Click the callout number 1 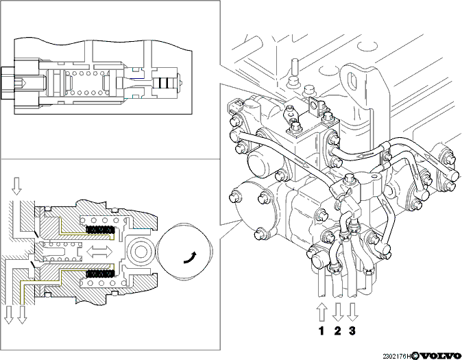[321, 331]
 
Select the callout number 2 [337, 331]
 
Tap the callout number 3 [352, 331]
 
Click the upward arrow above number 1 [321, 312]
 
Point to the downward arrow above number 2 [338, 312]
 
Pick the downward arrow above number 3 [352, 312]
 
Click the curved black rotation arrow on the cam [190, 258]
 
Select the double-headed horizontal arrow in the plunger [100, 252]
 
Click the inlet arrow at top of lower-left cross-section [16, 186]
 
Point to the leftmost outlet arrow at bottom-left [9, 315]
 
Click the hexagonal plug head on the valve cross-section [7, 82]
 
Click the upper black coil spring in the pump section [100, 229]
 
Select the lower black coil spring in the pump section [100, 274]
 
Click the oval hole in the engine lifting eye [352, 80]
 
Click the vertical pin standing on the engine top [295, 67]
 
